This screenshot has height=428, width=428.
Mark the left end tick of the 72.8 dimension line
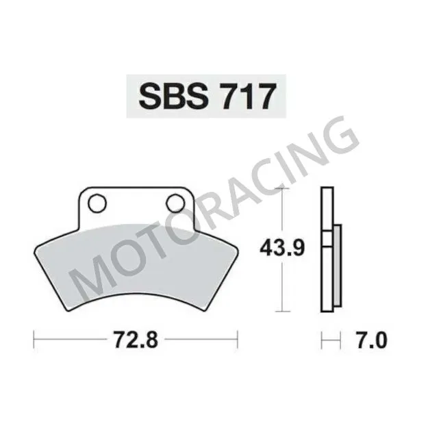(x=34, y=338)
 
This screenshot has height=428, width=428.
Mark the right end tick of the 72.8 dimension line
(x=237, y=338)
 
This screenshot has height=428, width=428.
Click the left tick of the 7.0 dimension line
(x=323, y=338)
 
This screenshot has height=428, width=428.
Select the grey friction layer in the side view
(x=337, y=267)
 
